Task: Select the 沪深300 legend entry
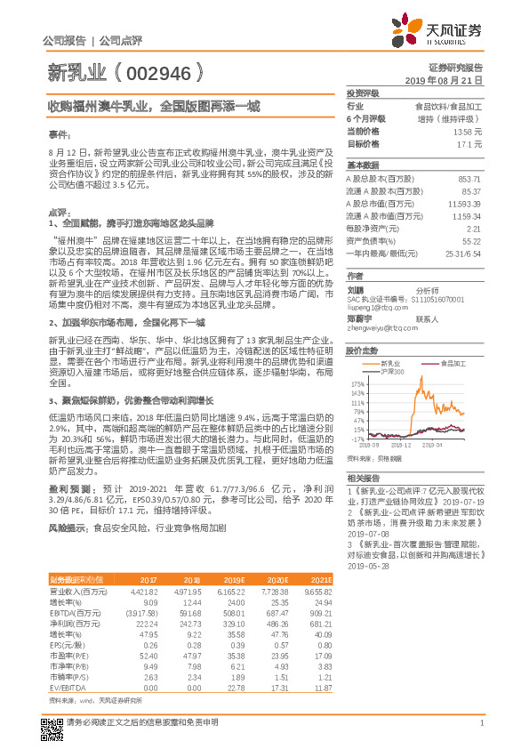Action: pos(392,371)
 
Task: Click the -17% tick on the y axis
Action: pos(357,439)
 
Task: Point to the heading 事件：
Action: pos(58,135)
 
